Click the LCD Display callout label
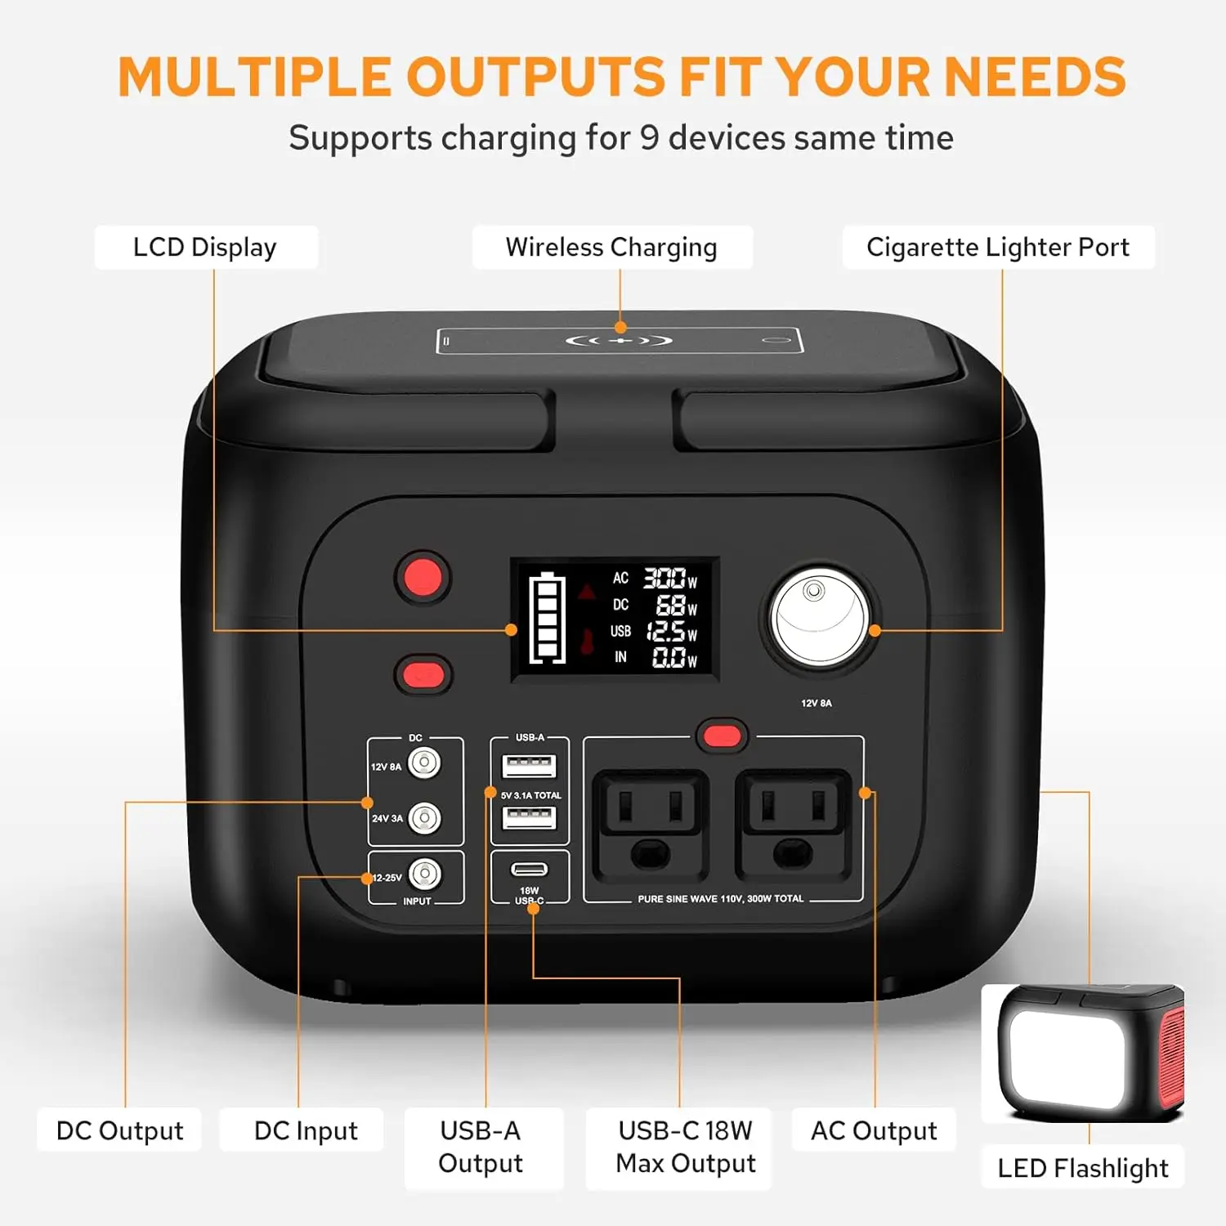(205, 247)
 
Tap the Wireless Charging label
(611, 247)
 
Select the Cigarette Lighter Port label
(998, 247)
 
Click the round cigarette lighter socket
(819, 618)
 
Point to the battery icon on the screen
(547, 618)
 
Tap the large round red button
(423, 577)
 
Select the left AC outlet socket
(651, 824)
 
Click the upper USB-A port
(529, 766)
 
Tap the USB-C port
(529, 869)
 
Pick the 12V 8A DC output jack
(424, 763)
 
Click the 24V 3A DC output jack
(424, 817)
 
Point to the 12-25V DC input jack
(424, 875)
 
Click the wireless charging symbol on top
(620, 340)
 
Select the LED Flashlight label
(1083, 1168)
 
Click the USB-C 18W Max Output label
(685, 1147)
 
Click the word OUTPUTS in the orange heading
(535, 77)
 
